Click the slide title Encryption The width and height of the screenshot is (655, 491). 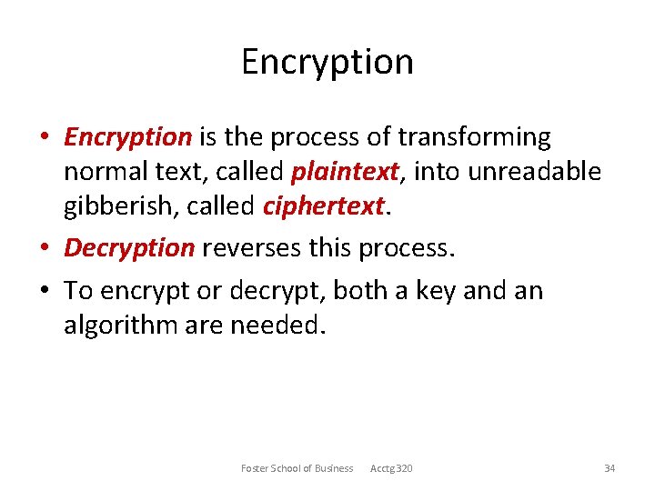[x=327, y=62]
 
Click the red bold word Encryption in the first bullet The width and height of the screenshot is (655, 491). [x=127, y=137]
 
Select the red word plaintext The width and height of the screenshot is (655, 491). [x=345, y=172]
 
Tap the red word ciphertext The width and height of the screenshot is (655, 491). [x=323, y=206]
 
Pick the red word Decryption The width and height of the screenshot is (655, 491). [x=129, y=247]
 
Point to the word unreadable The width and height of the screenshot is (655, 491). [x=537, y=172]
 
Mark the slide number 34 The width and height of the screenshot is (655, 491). [x=610, y=468]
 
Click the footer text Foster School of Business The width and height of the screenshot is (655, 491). [x=297, y=468]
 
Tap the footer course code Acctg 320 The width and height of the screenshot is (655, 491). [x=391, y=468]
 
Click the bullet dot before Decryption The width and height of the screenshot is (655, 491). [x=45, y=248]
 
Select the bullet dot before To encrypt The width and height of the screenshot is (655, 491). [x=45, y=291]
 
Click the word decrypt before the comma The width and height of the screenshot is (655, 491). [x=281, y=291]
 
